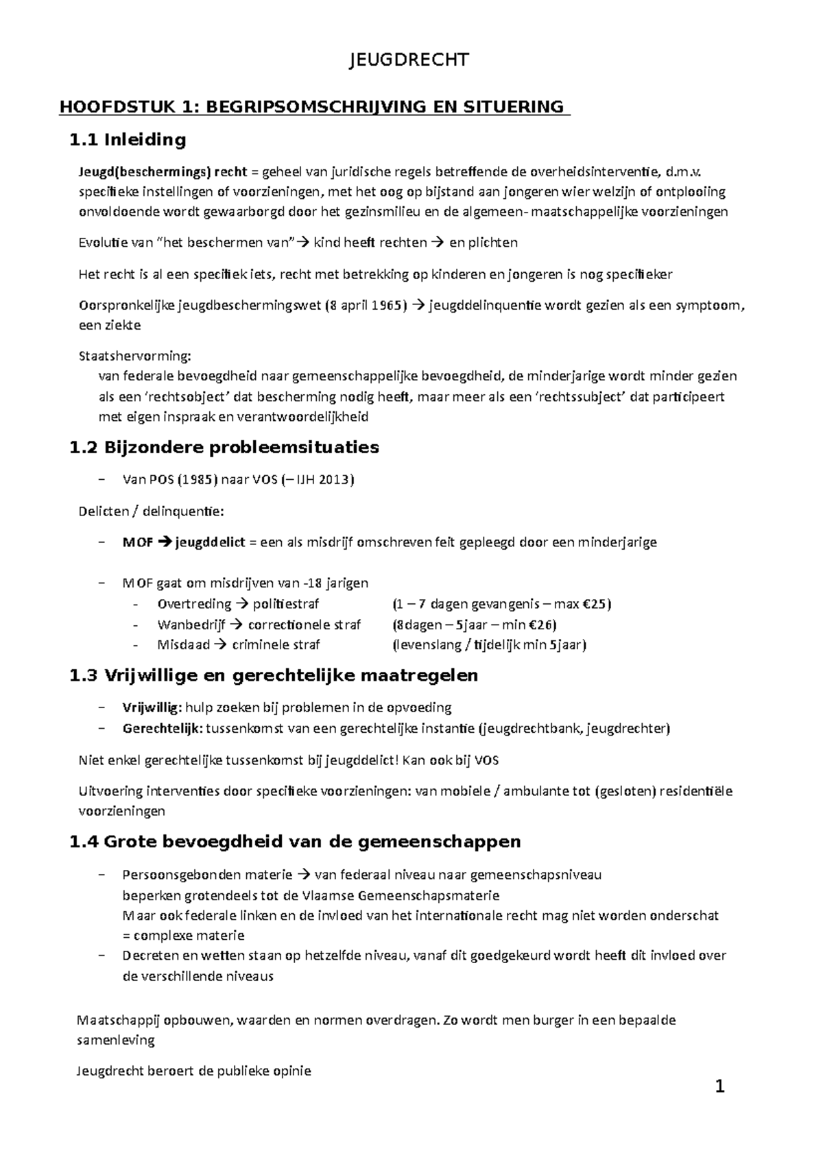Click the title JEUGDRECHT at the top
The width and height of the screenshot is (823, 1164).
[x=409, y=60]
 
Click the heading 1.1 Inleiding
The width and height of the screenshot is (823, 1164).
[x=128, y=140]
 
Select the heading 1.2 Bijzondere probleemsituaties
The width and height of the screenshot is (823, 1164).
[x=224, y=448]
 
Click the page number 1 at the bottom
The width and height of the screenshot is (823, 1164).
[x=719, y=1087]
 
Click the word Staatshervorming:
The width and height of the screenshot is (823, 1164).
[x=135, y=356]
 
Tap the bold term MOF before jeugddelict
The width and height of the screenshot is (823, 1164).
[x=138, y=542]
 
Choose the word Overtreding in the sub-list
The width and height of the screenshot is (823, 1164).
[x=194, y=604]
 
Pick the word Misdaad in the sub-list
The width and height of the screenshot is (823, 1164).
[x=182, y=645]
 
